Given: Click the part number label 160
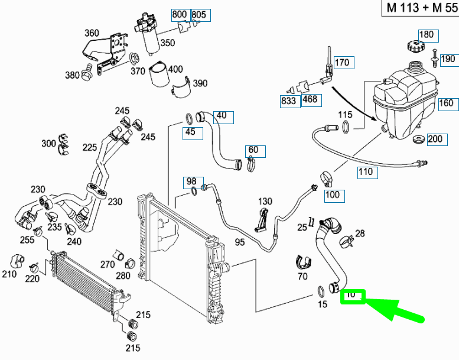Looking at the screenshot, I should (x=447, y=103).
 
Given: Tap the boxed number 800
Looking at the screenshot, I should (x=179, y=14).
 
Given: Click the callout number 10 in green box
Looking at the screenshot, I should (x=353, y=294).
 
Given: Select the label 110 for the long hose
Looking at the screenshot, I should (x=367, y=172).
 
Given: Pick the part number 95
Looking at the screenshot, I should (x=240, y=242).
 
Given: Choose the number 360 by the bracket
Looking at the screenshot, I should (x=92, y=33).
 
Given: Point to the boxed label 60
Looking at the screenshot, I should (x=253, y=150).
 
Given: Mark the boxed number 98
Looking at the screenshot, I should (x=191, y=180).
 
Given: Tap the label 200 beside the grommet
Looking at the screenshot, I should (x=434, y=140).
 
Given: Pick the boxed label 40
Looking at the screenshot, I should (x=222, y=115).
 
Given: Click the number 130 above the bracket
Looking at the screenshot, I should (x=265, y=202).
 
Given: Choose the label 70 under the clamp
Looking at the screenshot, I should (x=302, y=275).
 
